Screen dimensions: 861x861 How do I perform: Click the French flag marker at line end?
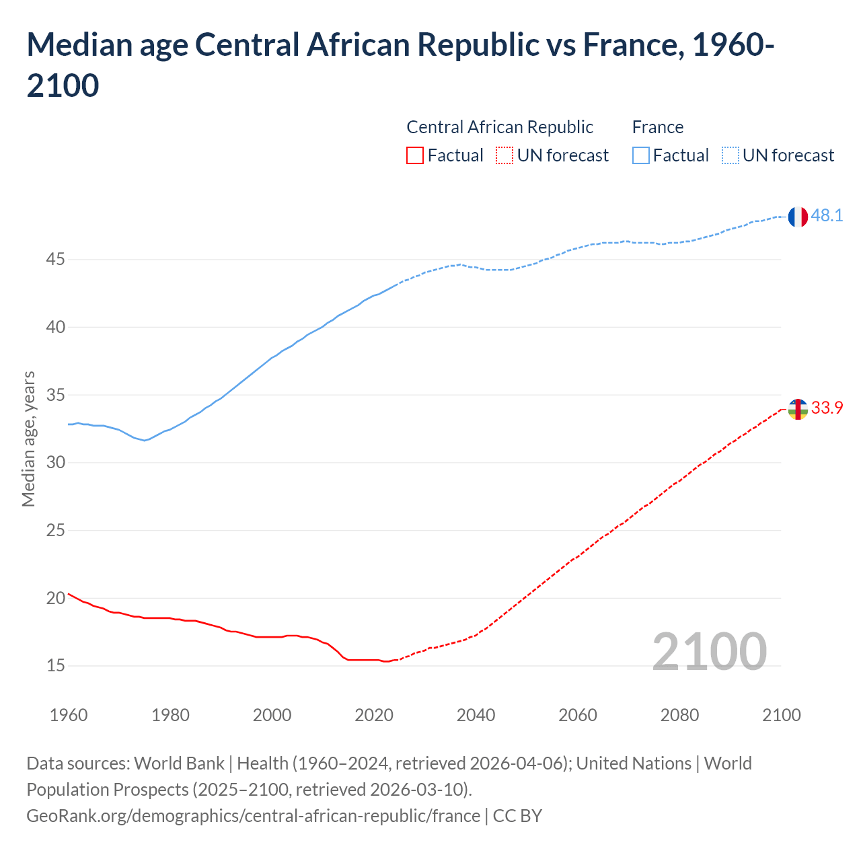797,217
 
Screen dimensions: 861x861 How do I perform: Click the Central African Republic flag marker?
797,409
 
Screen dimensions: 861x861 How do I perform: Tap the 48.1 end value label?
827,216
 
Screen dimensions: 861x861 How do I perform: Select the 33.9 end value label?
827,408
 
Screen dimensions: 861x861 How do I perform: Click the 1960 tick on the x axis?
69,715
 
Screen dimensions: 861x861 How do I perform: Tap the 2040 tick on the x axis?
476,715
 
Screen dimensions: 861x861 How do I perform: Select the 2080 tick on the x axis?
679,715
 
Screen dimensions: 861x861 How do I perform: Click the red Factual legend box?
415,155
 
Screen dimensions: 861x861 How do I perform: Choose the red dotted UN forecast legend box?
504,155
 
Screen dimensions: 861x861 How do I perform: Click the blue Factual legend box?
641,155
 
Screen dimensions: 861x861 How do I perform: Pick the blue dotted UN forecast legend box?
730,155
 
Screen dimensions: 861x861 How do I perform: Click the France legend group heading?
657,127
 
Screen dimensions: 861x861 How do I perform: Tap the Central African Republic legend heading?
500,127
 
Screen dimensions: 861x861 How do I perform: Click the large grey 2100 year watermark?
709,651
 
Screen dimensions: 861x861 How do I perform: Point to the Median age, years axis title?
28,439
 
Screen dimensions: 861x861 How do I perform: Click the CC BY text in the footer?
517,816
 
